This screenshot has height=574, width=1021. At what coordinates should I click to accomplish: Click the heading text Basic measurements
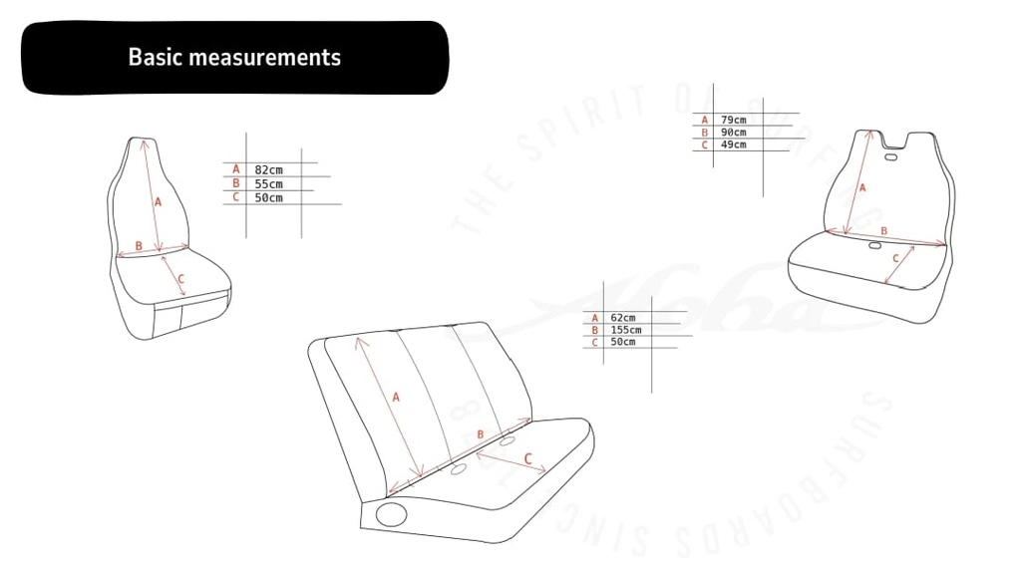234,57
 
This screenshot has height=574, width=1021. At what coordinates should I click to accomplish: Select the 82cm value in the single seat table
268,170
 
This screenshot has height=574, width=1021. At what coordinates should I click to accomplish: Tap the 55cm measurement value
268,184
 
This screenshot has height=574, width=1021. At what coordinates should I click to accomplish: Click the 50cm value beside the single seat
268,197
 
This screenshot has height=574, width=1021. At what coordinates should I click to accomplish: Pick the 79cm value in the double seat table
733,120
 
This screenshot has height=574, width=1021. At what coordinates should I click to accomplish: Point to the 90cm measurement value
733,133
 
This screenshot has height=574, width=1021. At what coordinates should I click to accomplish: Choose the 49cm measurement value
733,145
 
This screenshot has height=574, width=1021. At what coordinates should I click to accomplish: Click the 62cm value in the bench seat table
622,318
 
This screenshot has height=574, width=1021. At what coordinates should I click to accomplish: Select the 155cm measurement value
626,330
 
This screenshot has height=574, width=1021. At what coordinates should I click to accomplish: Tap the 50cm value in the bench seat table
622,342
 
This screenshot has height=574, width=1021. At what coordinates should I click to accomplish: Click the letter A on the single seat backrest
158,201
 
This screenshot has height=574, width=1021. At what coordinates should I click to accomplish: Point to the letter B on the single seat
139,245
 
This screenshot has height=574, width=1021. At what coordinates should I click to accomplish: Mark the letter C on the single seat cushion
180,280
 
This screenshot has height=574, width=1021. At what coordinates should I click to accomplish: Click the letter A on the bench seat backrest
396,397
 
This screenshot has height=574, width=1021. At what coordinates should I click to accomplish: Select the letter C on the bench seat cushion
528,459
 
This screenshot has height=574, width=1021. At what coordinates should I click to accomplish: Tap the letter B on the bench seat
481,434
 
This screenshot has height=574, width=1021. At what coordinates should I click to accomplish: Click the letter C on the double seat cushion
895,259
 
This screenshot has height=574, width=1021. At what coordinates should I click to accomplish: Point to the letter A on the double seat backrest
862,187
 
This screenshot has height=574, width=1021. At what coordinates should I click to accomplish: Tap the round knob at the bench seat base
392,514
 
